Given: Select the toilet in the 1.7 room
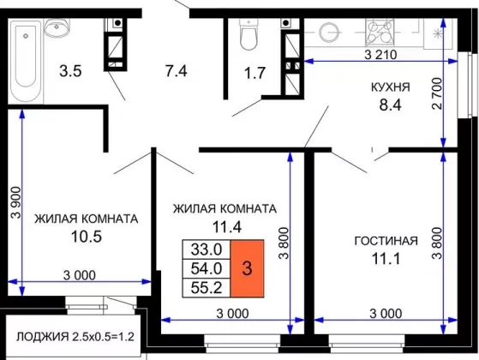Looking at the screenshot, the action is (x=248, y=34).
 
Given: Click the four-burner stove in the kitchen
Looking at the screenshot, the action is (x=380, y=31).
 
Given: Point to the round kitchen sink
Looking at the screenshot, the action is (x=329, y=32).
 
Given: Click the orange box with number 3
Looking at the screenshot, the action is (x=247, y=268).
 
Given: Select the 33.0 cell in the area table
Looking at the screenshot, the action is (x=207, y=249).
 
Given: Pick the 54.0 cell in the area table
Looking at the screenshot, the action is (x=207, y=268).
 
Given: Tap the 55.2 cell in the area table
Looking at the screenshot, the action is (x=207, y=288).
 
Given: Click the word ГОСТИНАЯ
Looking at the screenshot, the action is (x=386, y=241).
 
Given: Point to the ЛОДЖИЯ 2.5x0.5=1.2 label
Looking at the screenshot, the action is (x=75, y=337).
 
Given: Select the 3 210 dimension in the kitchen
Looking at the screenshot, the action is (x=380, y=55).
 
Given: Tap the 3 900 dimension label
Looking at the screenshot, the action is (x=16, y=202).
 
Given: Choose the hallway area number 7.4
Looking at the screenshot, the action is (x=177, y=71).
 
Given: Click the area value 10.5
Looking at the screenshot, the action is (x=87, y=237).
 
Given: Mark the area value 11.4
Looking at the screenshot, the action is (x=227, y=227).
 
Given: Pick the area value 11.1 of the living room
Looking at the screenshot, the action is (x=386, y=259).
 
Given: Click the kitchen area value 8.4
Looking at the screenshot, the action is (x=391, y=105).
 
